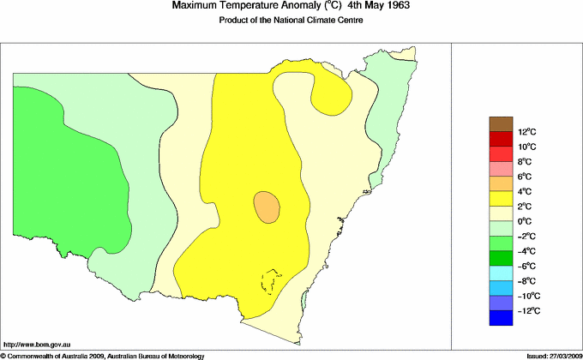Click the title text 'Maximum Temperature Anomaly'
click(245, 6)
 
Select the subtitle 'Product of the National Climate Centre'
click(291, 21)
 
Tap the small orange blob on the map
click(267, 207)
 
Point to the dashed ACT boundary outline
click(272, 282)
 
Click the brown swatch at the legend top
click(500, 123)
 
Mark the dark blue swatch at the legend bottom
click(500, 318)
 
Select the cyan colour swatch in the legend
click(500, 273)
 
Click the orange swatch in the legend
click(500, 183)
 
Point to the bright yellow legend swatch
click(500, 198)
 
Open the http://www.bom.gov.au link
click(38, 343)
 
